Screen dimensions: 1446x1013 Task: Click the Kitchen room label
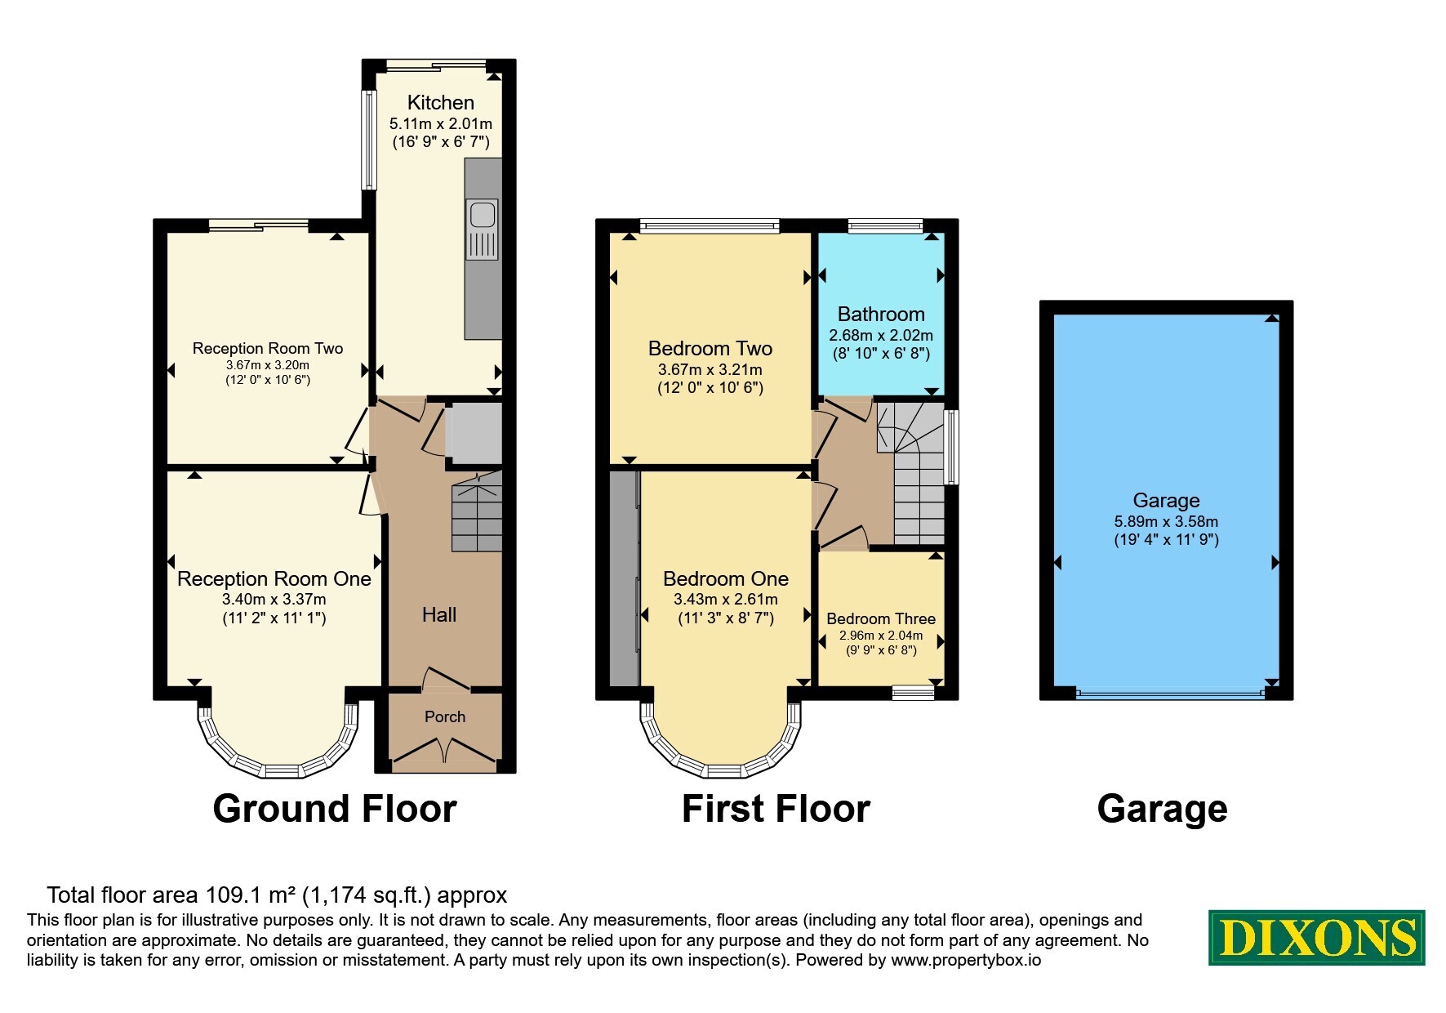440,103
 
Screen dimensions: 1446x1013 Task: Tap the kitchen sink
483,230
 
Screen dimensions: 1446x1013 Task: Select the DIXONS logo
1316,938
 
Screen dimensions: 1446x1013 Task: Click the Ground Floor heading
335,809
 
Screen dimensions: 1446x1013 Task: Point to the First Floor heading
776,809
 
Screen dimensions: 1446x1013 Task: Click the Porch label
445,716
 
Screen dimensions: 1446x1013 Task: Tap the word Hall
439,614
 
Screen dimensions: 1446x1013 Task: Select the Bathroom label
881,315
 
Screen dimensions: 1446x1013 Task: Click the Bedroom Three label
881,618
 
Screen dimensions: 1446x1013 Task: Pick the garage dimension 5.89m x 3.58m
1166,521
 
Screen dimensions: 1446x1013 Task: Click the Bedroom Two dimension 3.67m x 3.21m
710,370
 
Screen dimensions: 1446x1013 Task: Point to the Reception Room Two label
268,348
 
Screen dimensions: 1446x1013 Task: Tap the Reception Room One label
274,579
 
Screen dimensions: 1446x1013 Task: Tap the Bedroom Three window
913,693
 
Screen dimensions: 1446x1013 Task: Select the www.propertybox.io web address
966,961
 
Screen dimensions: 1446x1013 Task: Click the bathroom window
885,226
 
